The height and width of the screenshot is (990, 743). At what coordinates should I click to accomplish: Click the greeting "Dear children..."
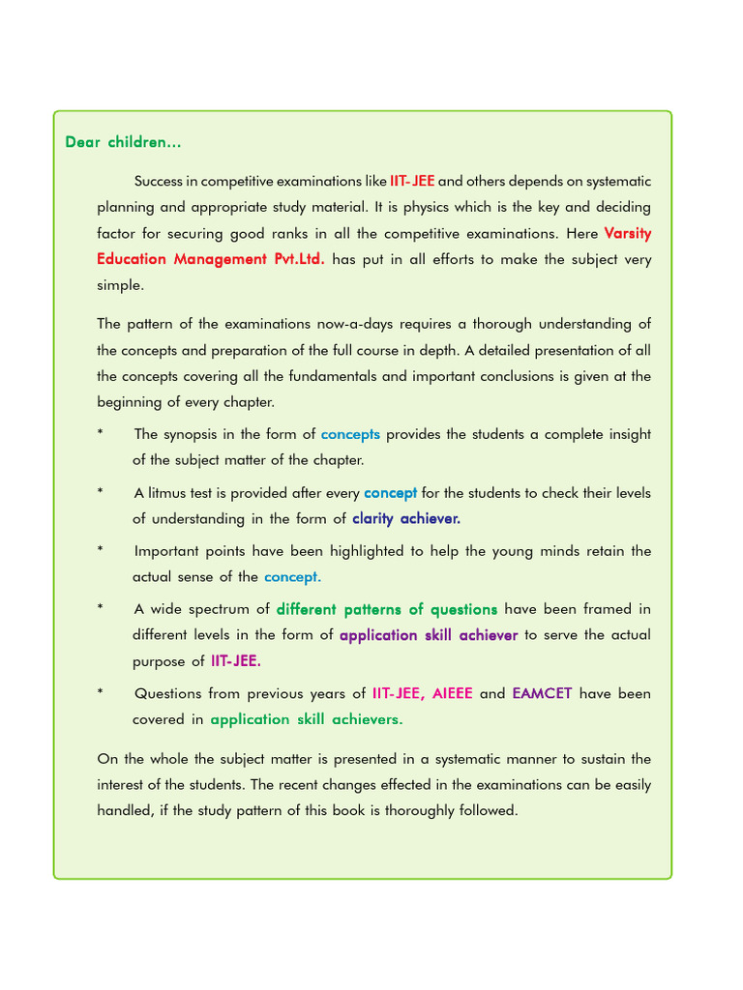pos(123,142)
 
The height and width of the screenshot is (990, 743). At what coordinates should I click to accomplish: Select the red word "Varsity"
pos(628,233)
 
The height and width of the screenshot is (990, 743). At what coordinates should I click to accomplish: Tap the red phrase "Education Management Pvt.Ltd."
pos(211,259)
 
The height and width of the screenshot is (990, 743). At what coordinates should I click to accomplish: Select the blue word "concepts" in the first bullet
pos(350,434)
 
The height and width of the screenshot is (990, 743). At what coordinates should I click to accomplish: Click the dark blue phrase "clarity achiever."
pos(406,518)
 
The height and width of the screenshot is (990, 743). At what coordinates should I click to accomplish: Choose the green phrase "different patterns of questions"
pos(387,609)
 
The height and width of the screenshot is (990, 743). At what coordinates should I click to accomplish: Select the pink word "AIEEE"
pos(452,693)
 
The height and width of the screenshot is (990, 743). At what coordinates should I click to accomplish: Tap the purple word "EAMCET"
pos(542,693)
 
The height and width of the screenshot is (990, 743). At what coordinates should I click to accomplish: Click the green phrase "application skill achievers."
pos(307,719)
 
